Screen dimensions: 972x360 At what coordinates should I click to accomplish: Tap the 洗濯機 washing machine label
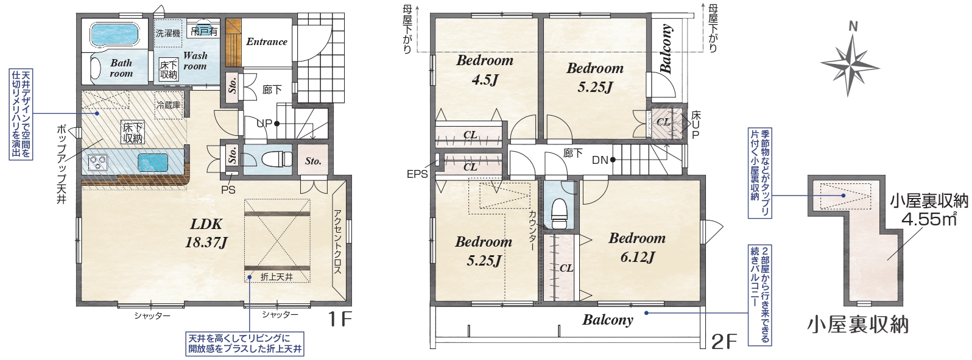(168, 33)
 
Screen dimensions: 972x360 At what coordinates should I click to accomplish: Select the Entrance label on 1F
(267, 41)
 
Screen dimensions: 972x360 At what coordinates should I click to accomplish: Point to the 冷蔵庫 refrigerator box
(169, 105)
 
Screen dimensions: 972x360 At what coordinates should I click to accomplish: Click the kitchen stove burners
(97, 163)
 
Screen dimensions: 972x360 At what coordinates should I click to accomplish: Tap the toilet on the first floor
(278, 159)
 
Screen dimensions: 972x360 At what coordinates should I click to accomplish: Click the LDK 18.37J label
(206, 233)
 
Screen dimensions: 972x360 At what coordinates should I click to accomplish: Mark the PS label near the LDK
(228, 190)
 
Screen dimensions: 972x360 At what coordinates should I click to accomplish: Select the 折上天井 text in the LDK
(277, 277)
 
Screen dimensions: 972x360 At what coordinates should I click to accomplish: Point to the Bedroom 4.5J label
(485, 69)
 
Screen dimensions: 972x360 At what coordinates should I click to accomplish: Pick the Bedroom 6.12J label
(637, 247)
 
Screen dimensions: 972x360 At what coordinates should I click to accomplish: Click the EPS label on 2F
(417, 175)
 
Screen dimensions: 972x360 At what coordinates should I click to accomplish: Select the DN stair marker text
(600, 160)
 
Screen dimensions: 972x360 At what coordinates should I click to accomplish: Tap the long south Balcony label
(608, 320)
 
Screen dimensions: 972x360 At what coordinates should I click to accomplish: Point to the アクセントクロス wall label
(338, 241)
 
